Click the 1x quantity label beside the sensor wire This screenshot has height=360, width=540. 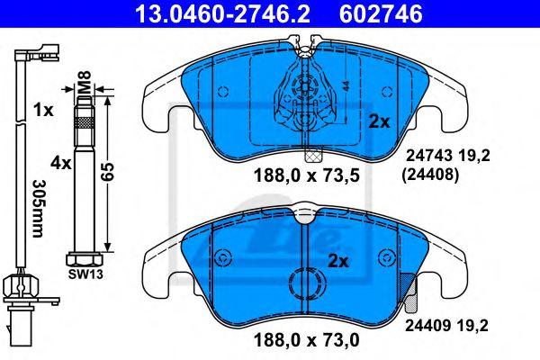click(x=41, y=110)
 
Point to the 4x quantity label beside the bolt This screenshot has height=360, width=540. click(x=60, y=164)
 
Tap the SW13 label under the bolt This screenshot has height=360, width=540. click(x=83, y=270)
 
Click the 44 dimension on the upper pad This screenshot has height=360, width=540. click(x=345, y=88)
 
